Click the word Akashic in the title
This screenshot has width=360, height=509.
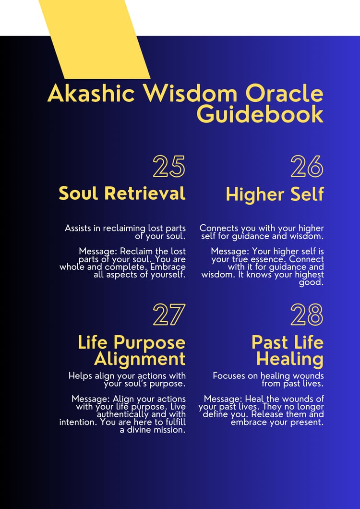(91, 93)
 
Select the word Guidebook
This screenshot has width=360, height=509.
(260, 114)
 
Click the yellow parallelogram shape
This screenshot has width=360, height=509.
(94, 39)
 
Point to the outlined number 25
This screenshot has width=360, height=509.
(169, 166)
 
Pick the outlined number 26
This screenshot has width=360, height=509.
(307, 166)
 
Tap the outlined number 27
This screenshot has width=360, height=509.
(169, 315)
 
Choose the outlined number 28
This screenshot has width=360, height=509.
(307, 315)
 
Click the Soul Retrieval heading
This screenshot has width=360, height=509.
(122, 194)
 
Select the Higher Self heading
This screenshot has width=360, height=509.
(275, 194)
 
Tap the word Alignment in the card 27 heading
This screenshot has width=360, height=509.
(140, 359)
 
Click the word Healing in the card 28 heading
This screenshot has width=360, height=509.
(290, 359)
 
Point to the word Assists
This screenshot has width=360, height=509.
(78, 228)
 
